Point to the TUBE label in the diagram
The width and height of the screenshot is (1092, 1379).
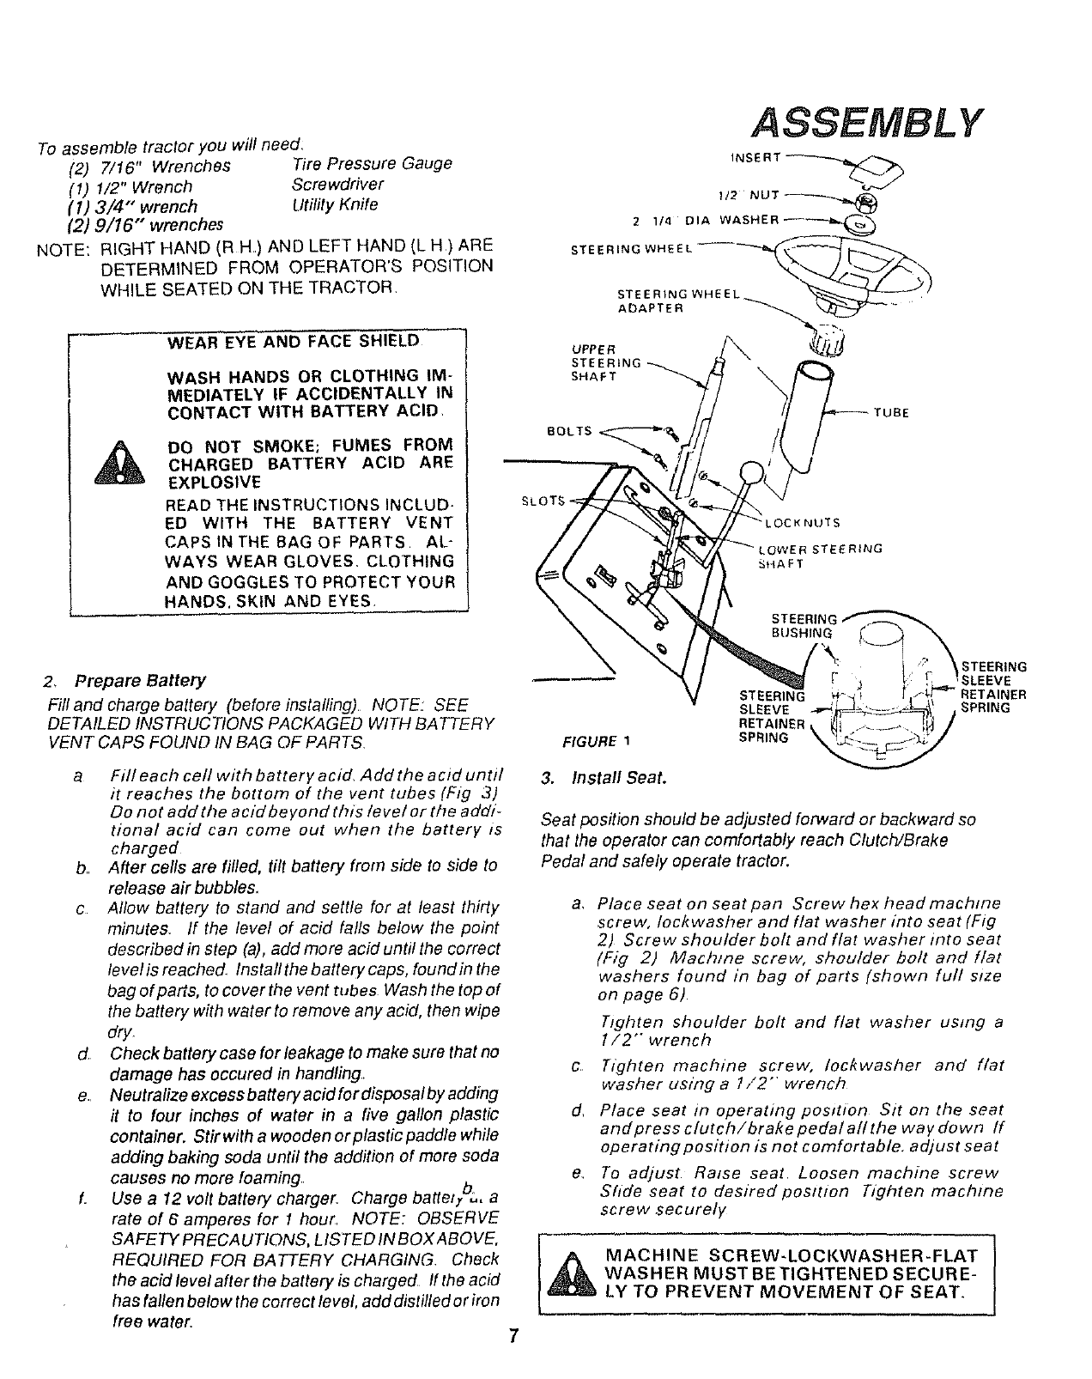pos(890,412)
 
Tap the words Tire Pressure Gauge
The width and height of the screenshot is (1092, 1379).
pos(372,163)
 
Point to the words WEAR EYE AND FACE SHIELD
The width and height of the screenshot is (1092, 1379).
pos(293,341)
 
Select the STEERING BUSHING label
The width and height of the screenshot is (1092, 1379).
pos(804,626)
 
